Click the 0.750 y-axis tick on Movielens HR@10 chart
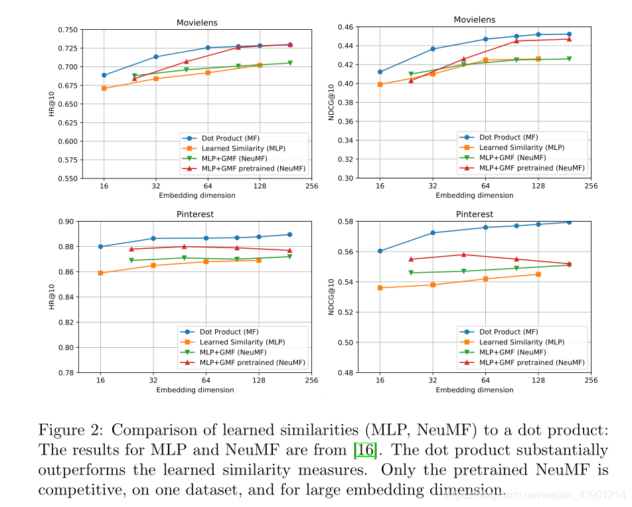point(66,30)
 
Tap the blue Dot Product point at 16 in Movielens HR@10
point(104,75)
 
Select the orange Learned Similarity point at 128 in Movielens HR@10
point(260,65)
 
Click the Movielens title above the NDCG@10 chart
point(474,20)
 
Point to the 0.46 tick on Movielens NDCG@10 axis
point(346,27)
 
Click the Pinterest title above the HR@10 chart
point(195,214)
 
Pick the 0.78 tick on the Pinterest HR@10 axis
point(68,373)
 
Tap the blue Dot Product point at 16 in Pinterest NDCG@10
point(380,251)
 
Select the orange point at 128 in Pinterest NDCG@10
point(538,274)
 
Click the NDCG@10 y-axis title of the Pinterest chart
point(333,297)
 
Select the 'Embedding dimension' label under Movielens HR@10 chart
point(197,195)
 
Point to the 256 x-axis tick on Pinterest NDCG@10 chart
point(592,380)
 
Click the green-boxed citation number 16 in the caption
point(365,451)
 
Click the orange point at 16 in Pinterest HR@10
point(100,273)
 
